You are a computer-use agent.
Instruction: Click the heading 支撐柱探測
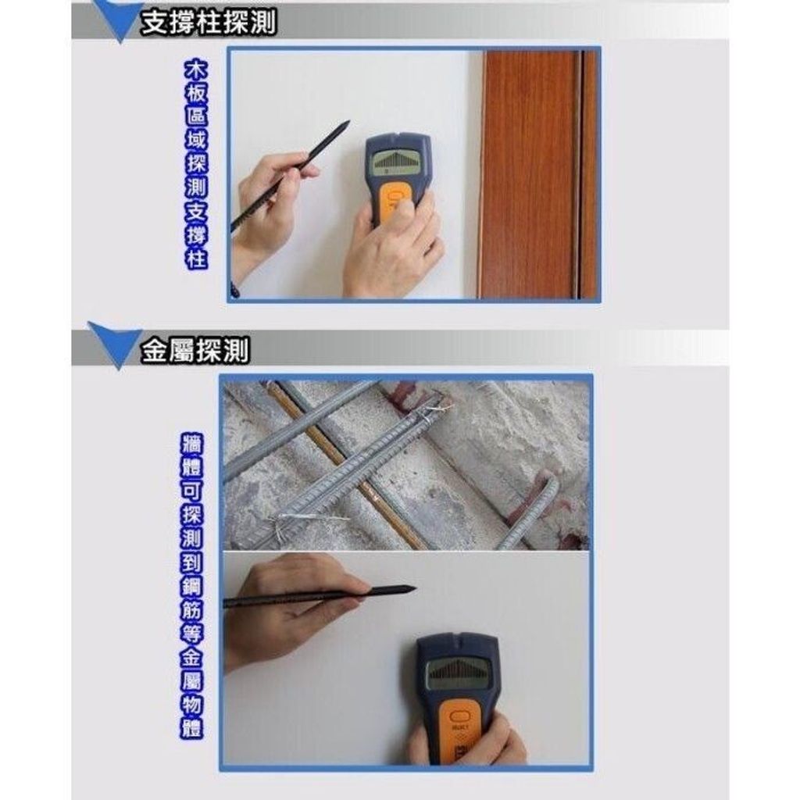point(209,23)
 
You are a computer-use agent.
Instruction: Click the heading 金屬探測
point(195,350)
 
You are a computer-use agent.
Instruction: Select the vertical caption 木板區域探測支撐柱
point(196,166)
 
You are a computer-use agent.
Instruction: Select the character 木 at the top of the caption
point(196,71)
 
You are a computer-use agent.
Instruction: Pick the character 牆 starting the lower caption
point(192,444)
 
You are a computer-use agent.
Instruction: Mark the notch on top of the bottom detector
point(458,637)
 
